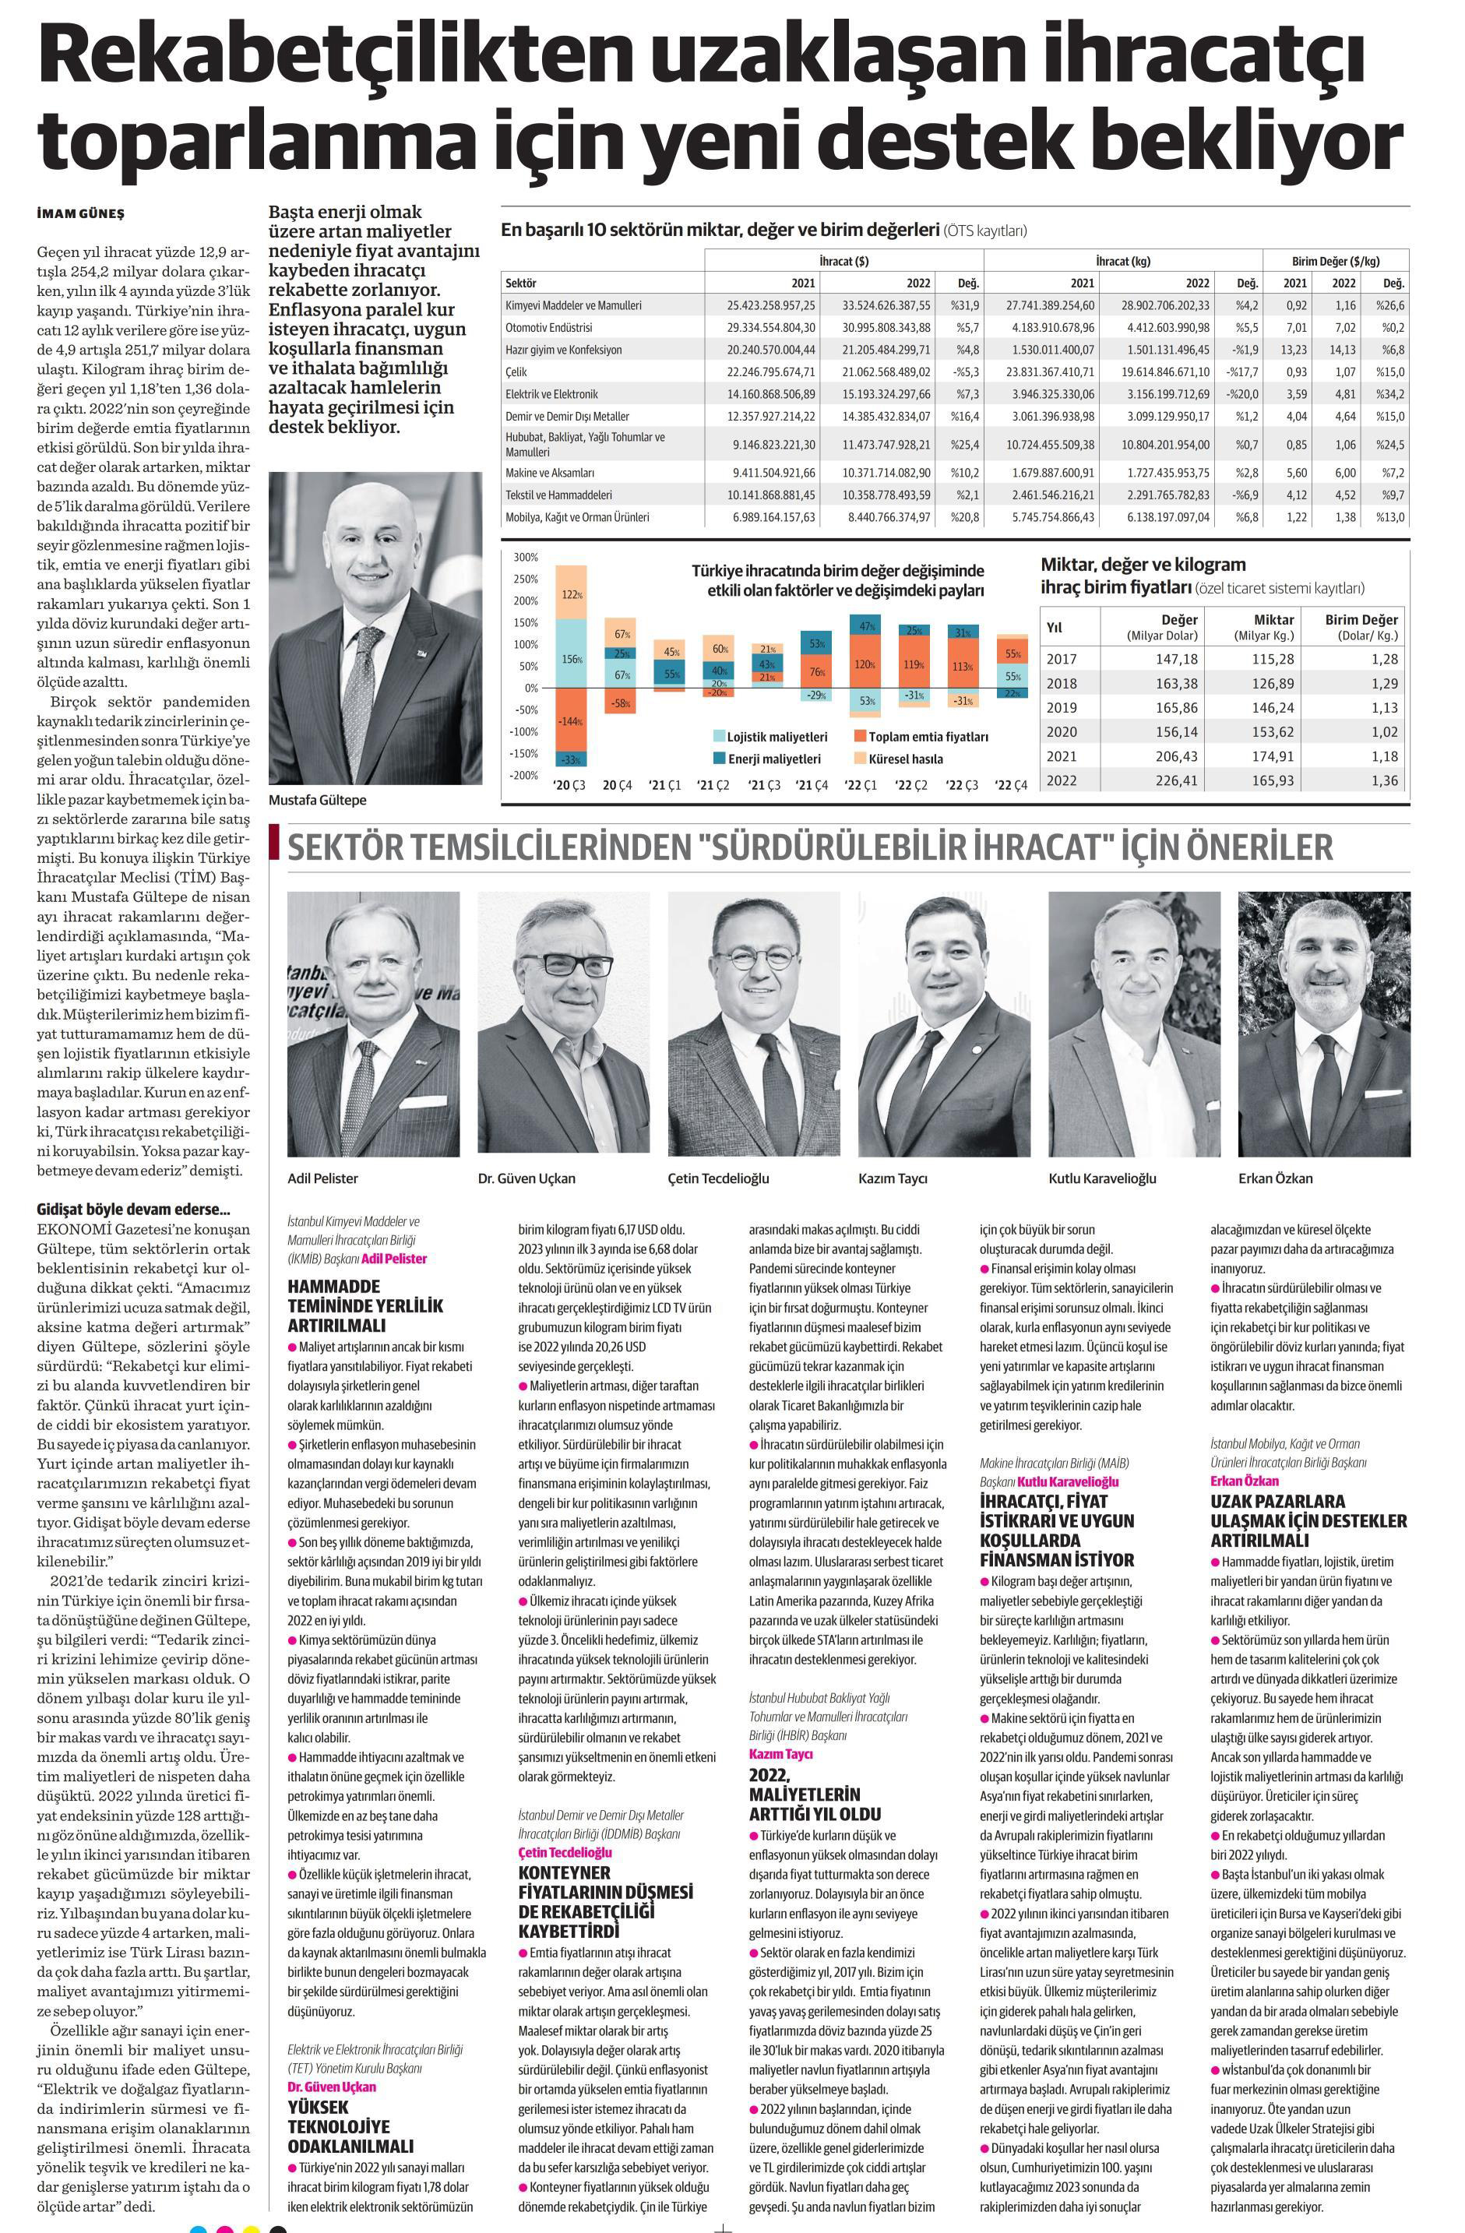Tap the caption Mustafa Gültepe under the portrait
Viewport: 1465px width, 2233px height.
(317, 801)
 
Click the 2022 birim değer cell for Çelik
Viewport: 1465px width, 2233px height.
(1343, 372)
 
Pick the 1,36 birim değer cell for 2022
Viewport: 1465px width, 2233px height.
(1379, 780)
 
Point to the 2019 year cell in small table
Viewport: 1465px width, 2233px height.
(1062, 707)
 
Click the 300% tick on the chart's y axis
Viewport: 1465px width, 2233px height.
(525, 558)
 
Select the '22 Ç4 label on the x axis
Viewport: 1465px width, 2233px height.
(1012, 784)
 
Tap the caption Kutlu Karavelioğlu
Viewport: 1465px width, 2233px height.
(1102, 1178)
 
